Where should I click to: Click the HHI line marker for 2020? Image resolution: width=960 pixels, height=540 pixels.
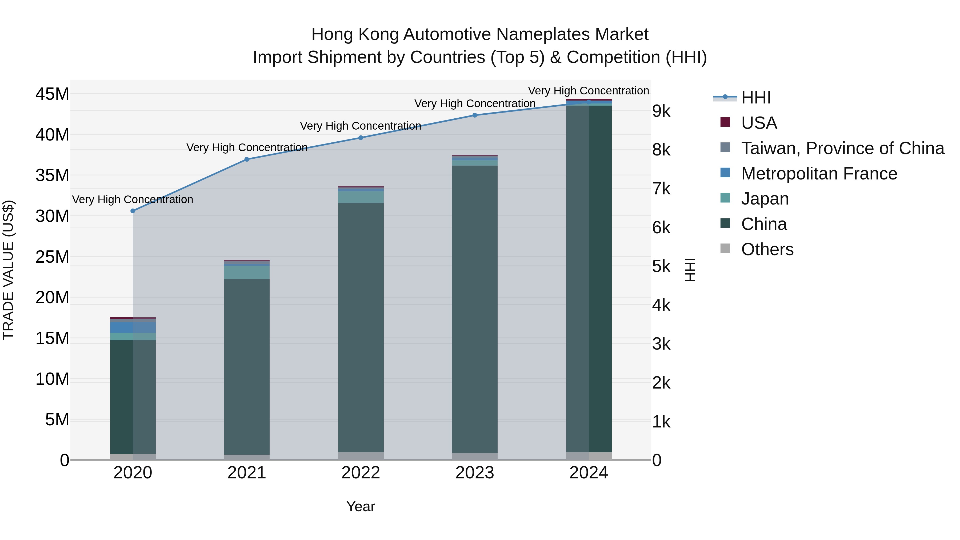click(x=133, y=211)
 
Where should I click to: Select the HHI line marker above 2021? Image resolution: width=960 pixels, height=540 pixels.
click(x=247, y=159)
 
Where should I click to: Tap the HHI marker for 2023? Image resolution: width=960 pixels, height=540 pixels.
click(x=475, y=115)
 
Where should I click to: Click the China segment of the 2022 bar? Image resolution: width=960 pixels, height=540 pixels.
click(x=361, y=328)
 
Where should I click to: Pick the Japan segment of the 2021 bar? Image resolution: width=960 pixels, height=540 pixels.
click(x=247, y=273)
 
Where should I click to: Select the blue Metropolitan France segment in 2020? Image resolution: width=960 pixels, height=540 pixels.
click(x=133, y=327)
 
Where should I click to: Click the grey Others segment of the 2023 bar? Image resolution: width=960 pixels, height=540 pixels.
click(x=475, y=457)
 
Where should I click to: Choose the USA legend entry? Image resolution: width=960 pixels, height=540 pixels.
click(x=759, y=123)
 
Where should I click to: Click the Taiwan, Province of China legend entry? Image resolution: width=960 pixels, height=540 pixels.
click(x=842, y=148)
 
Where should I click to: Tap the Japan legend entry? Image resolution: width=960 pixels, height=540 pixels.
click(x=765, y=199)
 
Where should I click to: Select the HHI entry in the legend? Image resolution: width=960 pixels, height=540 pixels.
click(x=755, y=98)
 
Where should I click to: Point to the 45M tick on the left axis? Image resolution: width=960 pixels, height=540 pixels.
click(x=52, y=94)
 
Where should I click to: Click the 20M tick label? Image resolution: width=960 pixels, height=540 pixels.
click(x=52, y=297)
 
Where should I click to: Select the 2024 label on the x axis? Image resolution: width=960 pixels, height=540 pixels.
click(x=589, y=473)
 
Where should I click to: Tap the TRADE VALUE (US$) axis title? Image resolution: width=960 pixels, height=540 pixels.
click(x=8, y=270)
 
